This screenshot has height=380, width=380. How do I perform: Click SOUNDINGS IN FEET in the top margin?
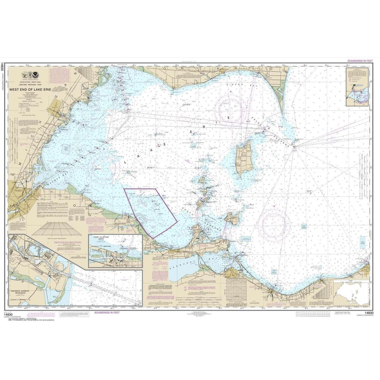(358, 61)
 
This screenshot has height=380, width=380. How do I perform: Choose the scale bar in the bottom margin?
(315, 312)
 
